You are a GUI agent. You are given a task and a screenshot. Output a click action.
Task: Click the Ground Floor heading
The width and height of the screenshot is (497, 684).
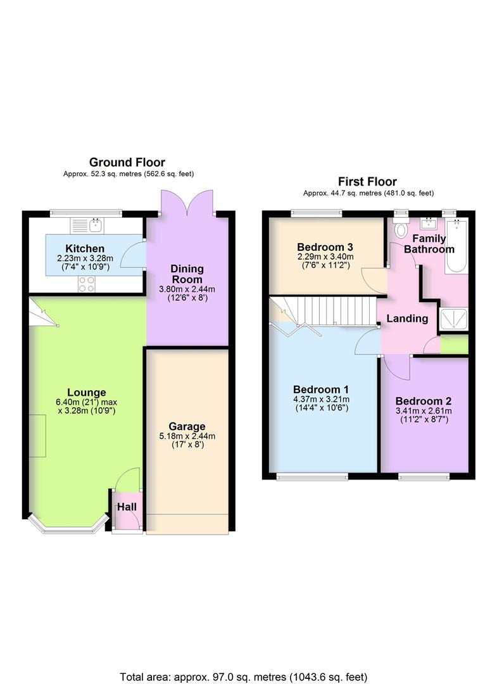point(128,163)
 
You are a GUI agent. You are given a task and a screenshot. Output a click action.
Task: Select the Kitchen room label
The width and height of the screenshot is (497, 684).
point(84,248)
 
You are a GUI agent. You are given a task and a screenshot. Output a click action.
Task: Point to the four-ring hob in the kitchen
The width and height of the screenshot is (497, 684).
point(86,286)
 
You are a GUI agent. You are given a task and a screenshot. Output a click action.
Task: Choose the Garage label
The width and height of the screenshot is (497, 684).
point(186,426)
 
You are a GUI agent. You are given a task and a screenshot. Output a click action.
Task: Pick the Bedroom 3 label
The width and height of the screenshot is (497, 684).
point(325,246)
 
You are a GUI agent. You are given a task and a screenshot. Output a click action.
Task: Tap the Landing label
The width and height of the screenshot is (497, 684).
point(406,318)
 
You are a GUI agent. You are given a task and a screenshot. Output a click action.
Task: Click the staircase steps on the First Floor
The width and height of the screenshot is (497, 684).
point(329,312)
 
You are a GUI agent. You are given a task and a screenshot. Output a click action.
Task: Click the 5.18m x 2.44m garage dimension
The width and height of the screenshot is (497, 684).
point(186,436)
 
